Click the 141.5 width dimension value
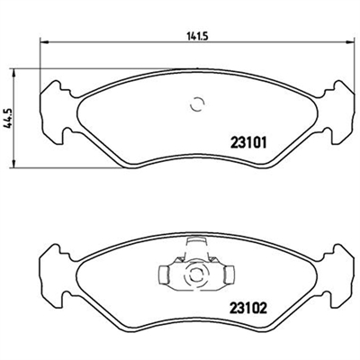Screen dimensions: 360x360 197,36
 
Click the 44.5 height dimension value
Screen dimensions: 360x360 8,119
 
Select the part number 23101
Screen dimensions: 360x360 248,143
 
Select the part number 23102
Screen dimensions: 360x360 248,308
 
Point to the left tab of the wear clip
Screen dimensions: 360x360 164,274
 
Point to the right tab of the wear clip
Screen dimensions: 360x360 229,274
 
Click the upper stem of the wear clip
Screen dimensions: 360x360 196,247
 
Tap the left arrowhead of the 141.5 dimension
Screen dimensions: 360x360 44,42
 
